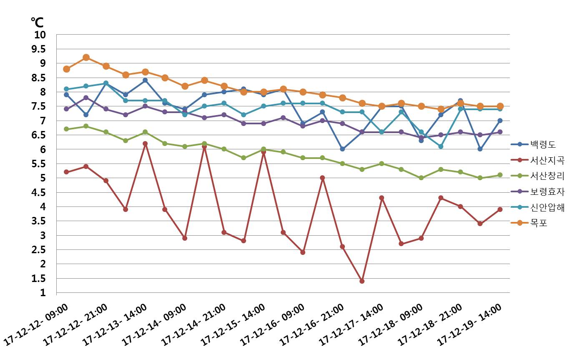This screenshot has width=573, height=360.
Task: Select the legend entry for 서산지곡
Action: pos(547,161)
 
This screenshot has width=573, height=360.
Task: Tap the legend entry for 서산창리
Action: pos(547,176)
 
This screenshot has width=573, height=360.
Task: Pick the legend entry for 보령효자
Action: pos(547,192)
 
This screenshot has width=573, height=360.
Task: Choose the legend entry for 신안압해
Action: pos(547,207)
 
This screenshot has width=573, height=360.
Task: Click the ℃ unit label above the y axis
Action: pos(37,22)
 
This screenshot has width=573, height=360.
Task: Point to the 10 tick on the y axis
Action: pos(40,35)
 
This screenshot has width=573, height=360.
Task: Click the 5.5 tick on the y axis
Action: pos(39,164)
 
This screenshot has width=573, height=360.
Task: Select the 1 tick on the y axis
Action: pos(43,293)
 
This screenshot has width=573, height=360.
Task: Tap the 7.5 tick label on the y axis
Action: pos(39,106)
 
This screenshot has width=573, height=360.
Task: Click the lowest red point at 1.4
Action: pos(362,281)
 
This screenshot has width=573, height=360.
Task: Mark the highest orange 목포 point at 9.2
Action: pos(86,58)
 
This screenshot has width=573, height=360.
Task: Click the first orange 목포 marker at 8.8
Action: pos(66,69)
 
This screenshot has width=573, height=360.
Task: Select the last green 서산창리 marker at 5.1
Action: pos(500,175)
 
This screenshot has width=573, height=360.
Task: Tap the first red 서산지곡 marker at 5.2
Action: pos(66,172)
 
